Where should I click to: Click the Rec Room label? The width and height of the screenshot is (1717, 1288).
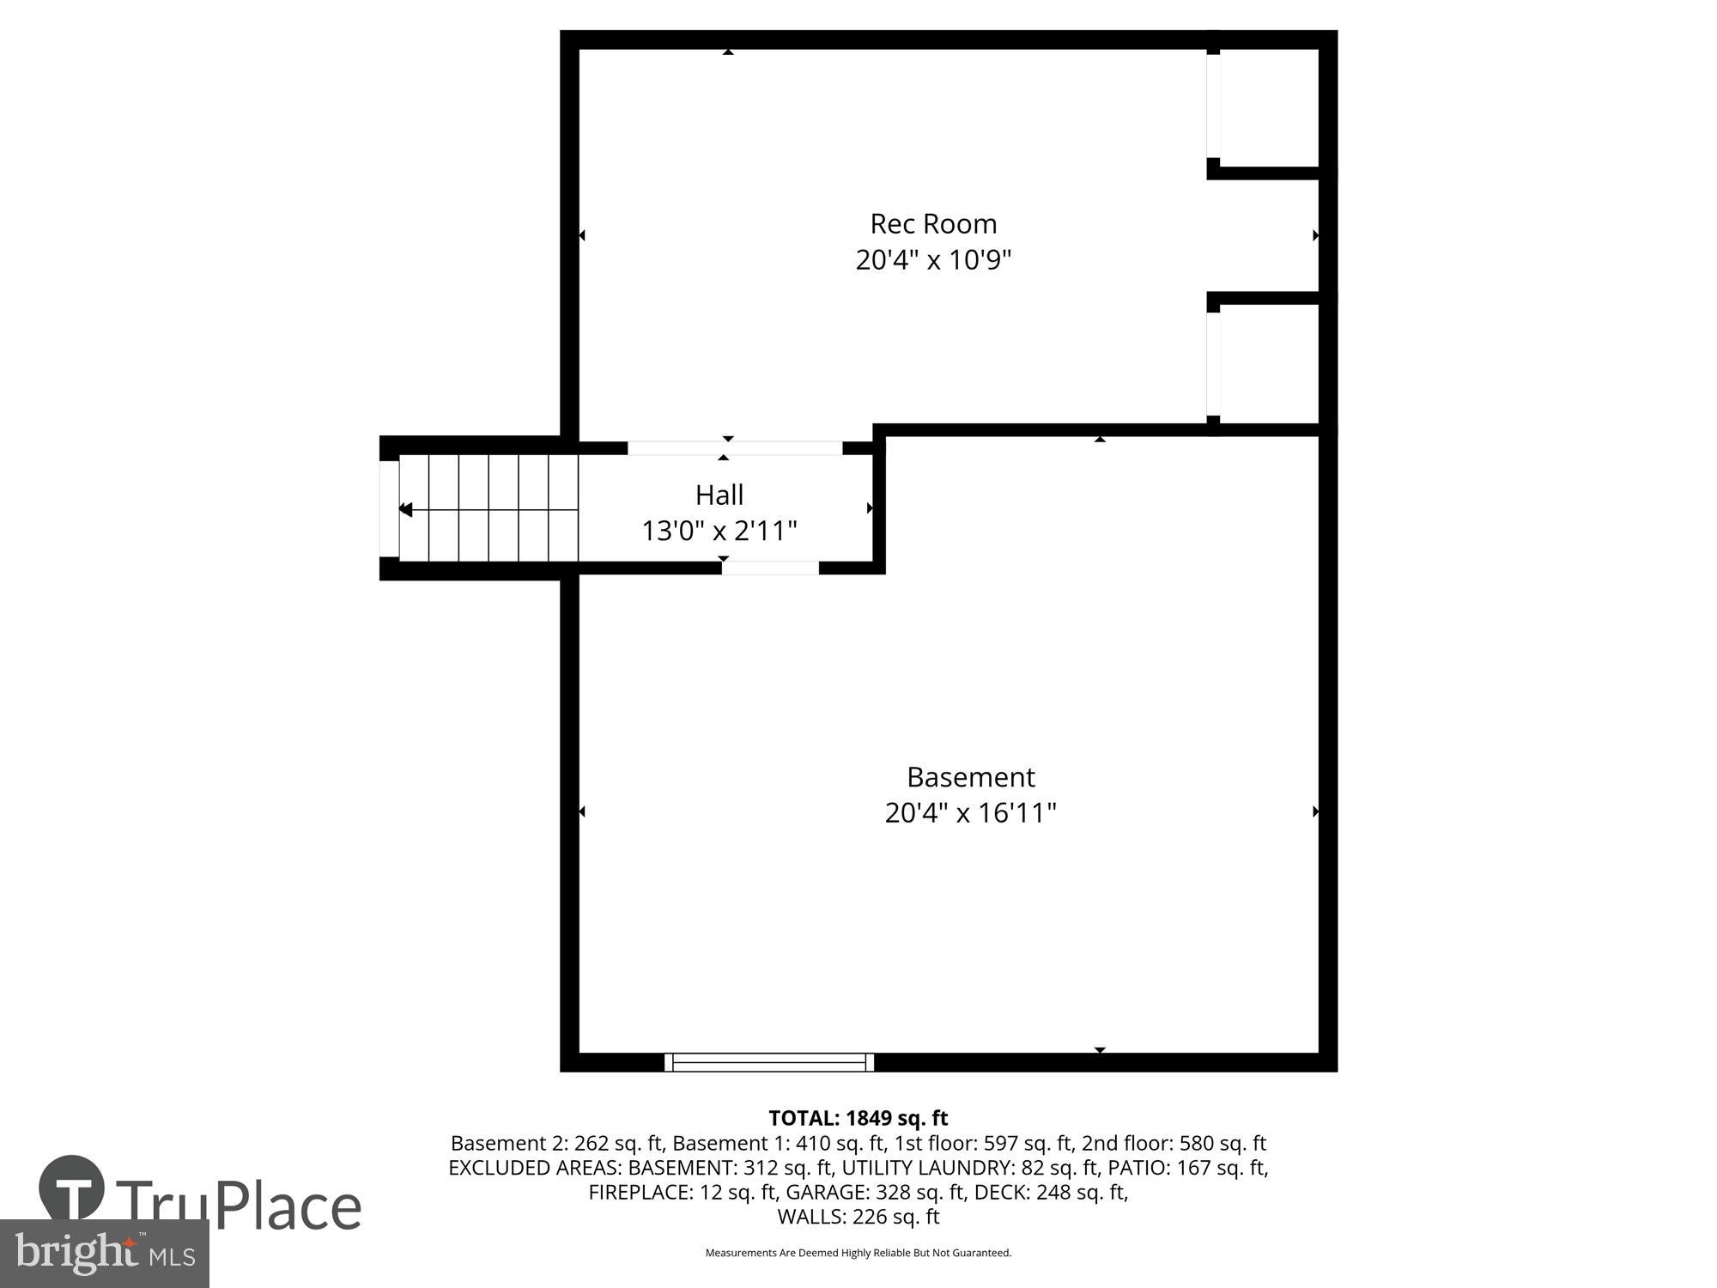(x=933, y=224)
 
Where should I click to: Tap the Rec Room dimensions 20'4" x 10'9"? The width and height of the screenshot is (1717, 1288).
(x=933, y=259)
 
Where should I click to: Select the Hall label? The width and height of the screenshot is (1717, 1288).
(x=719, y=495)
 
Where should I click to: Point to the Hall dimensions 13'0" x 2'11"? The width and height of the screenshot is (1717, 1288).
(x=719, y=531)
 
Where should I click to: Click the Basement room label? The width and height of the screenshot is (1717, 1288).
(x=971, y=777)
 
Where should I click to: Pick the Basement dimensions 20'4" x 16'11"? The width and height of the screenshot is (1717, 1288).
(x=970, y=812)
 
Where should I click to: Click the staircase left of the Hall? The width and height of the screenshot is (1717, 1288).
(x=488, y=508)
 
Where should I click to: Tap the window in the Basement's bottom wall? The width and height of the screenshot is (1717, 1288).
(x=769, y=1062)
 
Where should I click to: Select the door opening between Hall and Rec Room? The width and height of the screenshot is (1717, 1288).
(x=735, y=447)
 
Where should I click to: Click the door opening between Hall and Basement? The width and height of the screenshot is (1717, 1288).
(x=770, y=568)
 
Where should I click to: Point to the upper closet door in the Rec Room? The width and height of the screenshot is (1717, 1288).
(x=1213, y=106)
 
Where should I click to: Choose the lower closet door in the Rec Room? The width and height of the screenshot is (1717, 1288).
(x=1213, y=364)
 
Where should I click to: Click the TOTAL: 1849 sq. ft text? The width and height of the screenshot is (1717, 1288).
(x=858, y=1118)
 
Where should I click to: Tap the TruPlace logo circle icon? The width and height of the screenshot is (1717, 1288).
(x=72, y=1188)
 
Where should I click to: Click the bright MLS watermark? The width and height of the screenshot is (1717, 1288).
(x=105, y=1254)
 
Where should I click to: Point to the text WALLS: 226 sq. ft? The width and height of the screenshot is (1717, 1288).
(x=858, y=1217)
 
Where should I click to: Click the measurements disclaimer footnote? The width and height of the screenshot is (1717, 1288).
(x=858, y=1253)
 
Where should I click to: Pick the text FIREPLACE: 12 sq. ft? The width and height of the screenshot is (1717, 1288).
(x=683, y=1192)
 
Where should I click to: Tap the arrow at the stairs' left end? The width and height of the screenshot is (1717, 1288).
(x=405, y=509)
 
